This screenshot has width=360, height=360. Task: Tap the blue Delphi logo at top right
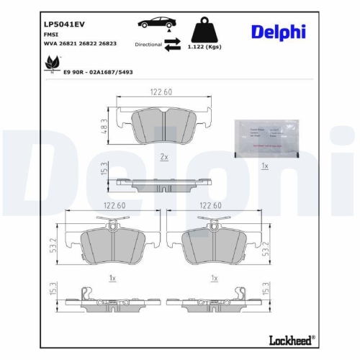point(279,32)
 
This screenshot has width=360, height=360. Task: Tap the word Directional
point(149,44)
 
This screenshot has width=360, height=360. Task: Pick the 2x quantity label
point(163,156)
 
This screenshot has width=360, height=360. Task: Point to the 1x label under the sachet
point(264,166)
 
